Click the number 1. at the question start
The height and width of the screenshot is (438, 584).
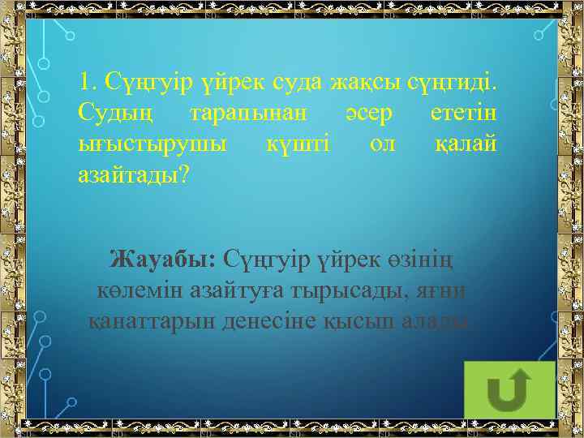click(88, 82)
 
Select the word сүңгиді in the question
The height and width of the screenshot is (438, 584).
click(456, 82)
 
